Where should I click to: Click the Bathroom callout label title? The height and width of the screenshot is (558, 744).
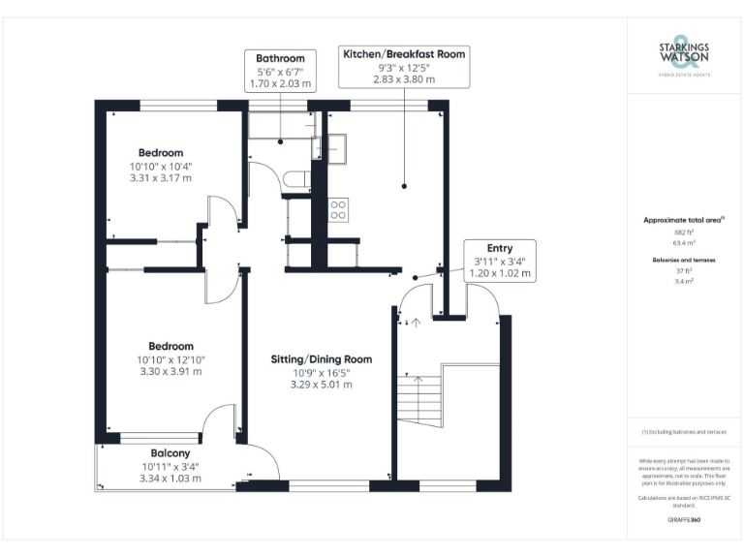(x=280, y=58)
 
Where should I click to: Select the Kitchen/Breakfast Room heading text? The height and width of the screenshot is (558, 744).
(x=404, y=54)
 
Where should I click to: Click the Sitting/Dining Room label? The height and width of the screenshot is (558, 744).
(x=321, y=358)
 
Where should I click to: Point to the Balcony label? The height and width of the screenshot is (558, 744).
(x=170, y=452)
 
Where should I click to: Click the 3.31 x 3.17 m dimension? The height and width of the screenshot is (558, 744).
(x=160, y=178)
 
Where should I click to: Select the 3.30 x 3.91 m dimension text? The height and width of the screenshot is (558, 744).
(x=170, y=371)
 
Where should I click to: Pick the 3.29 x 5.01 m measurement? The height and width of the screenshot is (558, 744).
(x=321, y=385)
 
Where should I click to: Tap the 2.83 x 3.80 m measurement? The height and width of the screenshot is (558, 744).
(x=404, y=80)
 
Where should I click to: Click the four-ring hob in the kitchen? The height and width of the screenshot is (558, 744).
(x=339, y=209)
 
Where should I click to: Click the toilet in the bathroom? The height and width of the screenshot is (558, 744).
(x=299, y=178)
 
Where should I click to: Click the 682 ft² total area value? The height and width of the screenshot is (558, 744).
(x=684, y=232)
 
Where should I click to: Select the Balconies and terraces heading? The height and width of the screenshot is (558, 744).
(x=684, y=261)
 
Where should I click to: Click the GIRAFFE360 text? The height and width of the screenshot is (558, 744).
(x=684, y=520)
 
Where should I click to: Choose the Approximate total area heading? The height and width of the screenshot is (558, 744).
(x=684, y=220)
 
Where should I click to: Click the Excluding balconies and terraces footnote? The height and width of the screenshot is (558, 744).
(x=684, y=431)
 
